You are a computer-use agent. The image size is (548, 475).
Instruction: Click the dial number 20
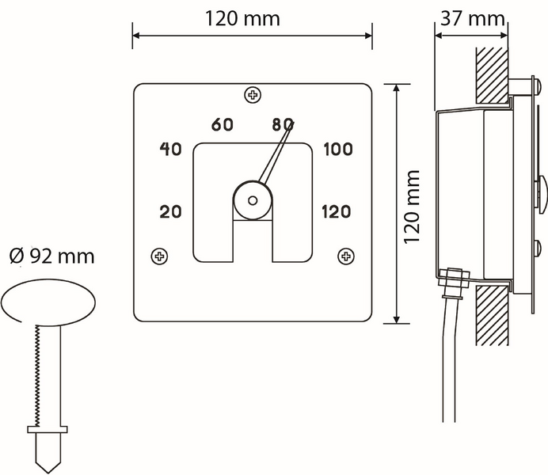pyautogui.click(x=172, y=211)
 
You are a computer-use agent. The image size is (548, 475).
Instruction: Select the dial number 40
pyautogui.click(x=172, y=150)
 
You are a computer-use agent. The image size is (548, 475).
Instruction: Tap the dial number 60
pyautogui.click(x=223, y=124)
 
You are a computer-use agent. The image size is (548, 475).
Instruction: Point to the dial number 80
pyautogui.click(x=282, y=124)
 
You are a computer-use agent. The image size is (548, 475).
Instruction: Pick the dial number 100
pyautogui.click(x=337, y=150)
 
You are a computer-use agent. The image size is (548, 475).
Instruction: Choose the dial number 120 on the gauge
pyautogui.click(x=337, y=211)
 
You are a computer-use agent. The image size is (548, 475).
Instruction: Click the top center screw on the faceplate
pyautogui.click(x=253, y=96)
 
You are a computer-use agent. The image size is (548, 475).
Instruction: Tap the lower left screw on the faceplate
pyautogui.click(x=160, y=256)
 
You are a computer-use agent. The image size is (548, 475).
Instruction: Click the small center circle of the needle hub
pyautogui.click(x=253, y=201)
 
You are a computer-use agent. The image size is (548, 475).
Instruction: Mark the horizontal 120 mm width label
pyautogui.click(x=242, y=19)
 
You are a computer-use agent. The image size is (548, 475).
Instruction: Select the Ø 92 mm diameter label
pyautogui.click(x=51, y=256)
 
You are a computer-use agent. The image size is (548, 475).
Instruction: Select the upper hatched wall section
pyautogui.click(x=492, y=75)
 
